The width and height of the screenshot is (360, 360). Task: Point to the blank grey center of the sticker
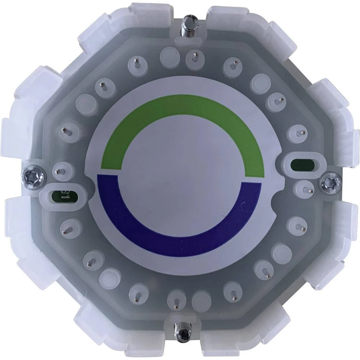(x=180, y=176)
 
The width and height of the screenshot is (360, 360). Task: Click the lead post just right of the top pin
(x=195, y=57)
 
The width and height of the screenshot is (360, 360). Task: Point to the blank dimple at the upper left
(x=87, y=105)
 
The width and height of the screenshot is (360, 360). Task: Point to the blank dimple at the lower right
(x=281, y=253)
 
